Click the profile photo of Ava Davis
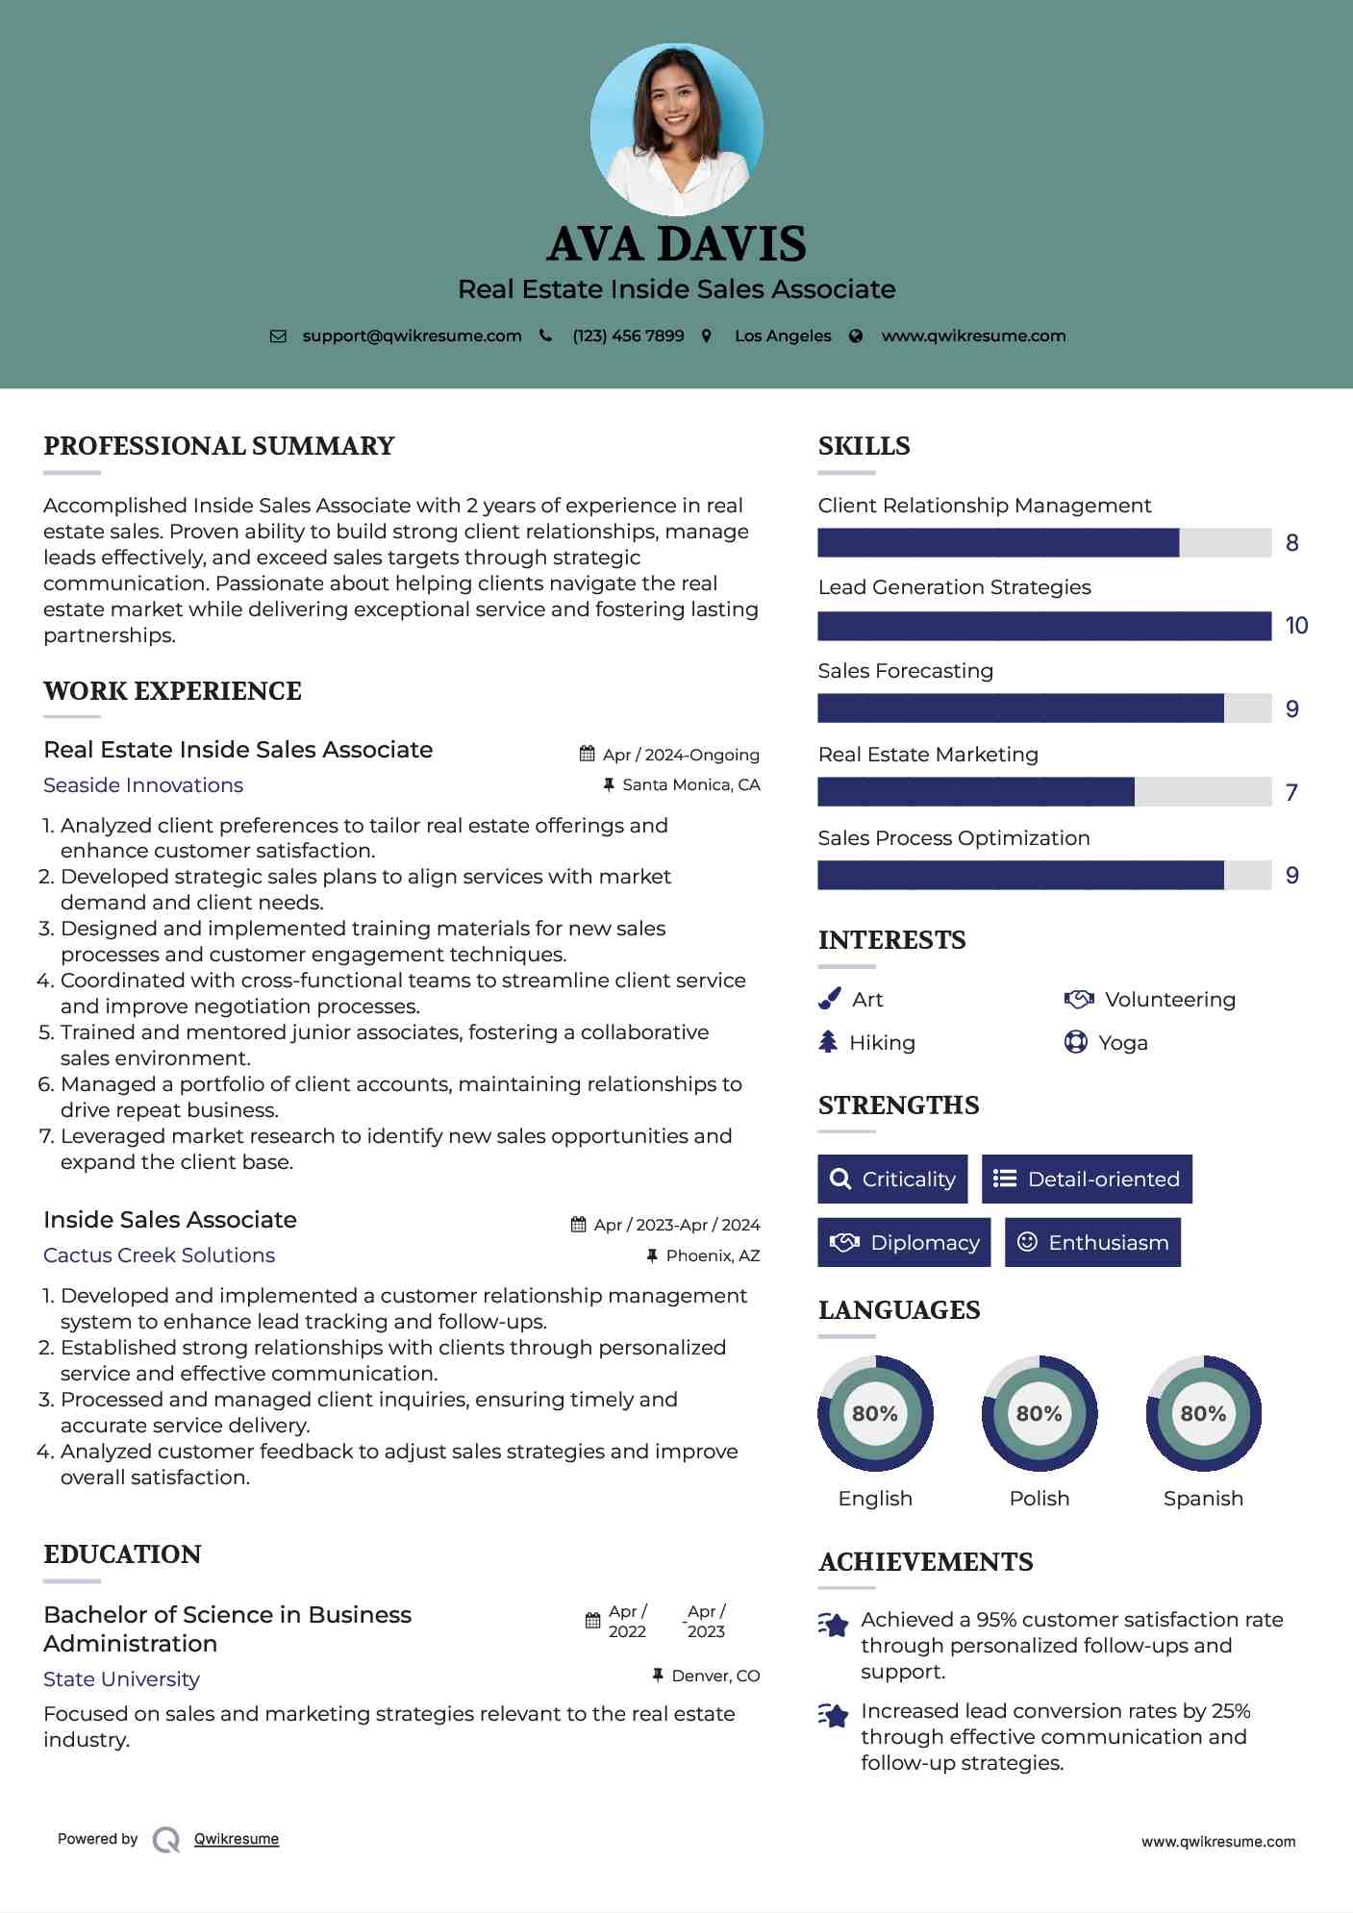point(676,129)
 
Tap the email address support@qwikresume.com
point(412,335)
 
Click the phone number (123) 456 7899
point(628,335)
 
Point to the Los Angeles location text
point(783,335)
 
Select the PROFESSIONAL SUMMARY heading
point(219,446)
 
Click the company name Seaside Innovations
point(143,785)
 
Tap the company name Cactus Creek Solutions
point(159,1255)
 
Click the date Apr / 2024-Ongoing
point(680,755)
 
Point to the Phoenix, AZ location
point(713,1255)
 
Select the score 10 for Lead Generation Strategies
point(1296,626)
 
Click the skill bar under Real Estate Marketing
point(1043,792)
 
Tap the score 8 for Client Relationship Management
point(1291,543)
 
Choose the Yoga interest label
point(1122,1043)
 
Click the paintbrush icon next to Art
point(829,1000)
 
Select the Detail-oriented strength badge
point(1087,1179)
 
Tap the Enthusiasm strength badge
point(1092,1242)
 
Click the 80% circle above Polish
point(1039,1413)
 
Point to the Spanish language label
point(1203,1499)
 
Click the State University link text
point(121,1679)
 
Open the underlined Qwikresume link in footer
point(237,1839)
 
